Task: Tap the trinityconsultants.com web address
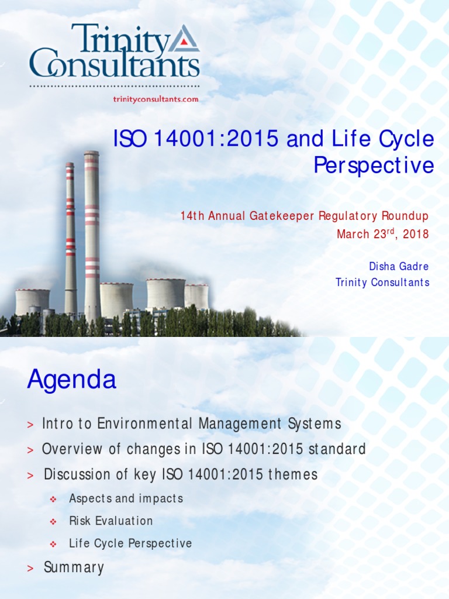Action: (x=156, y=99)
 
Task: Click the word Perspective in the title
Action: (x=374, y=166)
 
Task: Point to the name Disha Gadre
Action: (x=398, y=266)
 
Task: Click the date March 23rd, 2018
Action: (x=382, y=234)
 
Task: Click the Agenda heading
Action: (x=71, y=380)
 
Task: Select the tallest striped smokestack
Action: (x=91, y=234)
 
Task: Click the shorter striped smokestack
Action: (x=70, y=240)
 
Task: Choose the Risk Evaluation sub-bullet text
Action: (x=110, y=521)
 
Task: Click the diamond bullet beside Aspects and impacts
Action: (x=53, y=499)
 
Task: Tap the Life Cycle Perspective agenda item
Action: (x=130, y=543)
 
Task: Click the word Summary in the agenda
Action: (x=74, y=567)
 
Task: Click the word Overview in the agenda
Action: (x=69, y=449)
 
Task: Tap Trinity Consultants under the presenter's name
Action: (x=382, y=283)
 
